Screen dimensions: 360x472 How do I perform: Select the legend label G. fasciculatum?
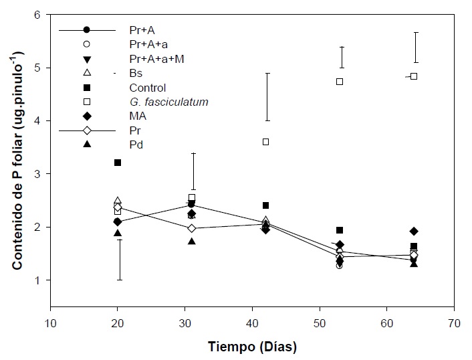point(169,102)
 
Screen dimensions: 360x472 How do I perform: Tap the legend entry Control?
point(147,88)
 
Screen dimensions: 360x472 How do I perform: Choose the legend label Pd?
point(136,145)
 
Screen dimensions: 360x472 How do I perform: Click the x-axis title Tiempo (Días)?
point(252,347)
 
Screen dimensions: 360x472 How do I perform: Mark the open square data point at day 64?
point(414,76)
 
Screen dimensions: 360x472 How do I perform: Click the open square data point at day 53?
point(340,82)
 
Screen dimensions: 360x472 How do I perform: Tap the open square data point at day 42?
point(266,142)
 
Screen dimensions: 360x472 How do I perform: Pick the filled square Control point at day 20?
point(118,163)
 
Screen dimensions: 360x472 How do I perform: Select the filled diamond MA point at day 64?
point(414,232)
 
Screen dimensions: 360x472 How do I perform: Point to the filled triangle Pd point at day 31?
point(192,241)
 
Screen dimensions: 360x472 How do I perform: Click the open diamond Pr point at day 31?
point(192,228)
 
